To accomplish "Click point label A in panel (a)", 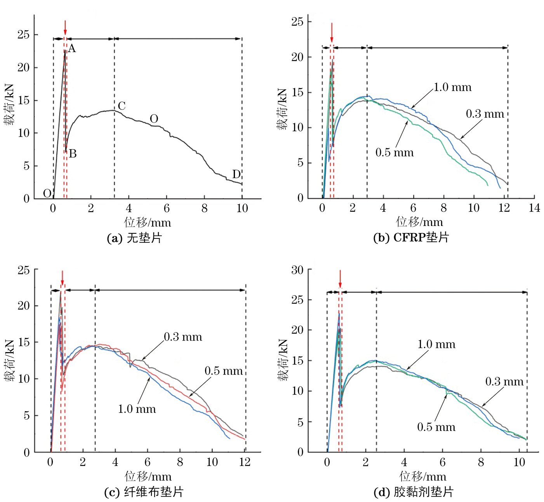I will [72, 49].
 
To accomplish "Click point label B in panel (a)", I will [73, 154].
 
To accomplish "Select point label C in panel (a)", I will [122, 106].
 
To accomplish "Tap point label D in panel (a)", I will [236, 174].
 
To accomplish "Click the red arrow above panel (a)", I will [65, 28].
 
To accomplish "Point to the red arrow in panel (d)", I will [340, 279].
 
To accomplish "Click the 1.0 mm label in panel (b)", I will [452, 87].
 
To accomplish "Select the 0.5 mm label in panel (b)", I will [395, 153].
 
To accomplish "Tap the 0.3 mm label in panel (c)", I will [183, 337].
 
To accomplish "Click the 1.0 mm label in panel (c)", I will [137, 409].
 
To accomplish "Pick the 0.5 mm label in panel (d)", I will [436, 427].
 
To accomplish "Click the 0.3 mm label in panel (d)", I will [504, 382].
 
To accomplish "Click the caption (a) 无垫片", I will [134, 238].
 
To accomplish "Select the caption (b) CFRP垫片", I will [411, 237].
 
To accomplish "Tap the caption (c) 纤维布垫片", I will [144, 492].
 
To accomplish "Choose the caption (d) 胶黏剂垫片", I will [414, 492].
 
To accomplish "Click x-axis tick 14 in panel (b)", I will [534, 208].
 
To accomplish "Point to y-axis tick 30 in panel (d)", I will [297, 270].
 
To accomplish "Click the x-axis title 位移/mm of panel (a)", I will [148, 222].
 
